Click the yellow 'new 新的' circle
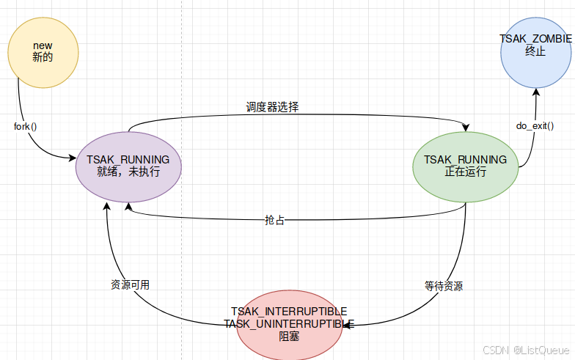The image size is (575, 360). click(x=43, y=52)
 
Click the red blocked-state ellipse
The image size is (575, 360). click(x=289, y=324)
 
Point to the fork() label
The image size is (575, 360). click(x=26, y=125)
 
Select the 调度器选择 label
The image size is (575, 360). click(x=272, y=107)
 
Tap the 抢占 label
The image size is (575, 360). click(x=275, y=220)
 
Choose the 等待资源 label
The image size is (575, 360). click(x=444, y=286)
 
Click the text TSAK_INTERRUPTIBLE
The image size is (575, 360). click(x=289, y=312)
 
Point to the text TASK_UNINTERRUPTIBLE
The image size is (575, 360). click(x=289, y=323)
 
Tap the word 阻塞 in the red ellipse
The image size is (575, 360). click(x=289, y=336)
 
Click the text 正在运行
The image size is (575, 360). click(x=465, y=172)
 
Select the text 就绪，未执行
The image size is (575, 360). click(x=128, y=172)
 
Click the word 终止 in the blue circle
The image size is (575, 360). click(x=536, y=52)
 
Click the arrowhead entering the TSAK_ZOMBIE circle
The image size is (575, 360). click(x=536, y=92)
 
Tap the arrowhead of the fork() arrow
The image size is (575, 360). click(x=72, y=158)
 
